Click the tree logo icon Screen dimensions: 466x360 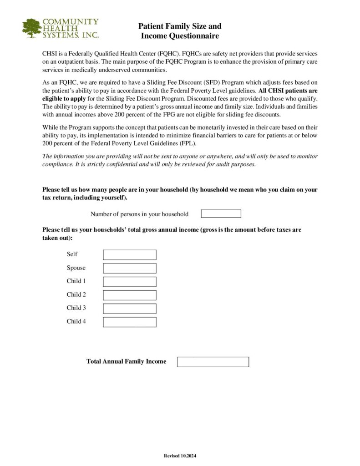[31, 28]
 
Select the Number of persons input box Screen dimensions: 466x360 [221, 214]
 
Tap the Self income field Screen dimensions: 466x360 [129, 255]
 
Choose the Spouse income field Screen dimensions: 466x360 [129, 268]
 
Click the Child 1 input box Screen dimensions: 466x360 [129, 282]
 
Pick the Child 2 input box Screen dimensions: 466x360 [129, 295]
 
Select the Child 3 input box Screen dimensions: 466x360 [129, 309]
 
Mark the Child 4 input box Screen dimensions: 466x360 [129, 322]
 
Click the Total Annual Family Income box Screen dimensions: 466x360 [213, 362]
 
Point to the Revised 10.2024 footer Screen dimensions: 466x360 [180, 456]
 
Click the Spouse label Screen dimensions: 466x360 [76, 268]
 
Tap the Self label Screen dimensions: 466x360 [72, 254]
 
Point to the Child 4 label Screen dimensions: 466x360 [76, 321]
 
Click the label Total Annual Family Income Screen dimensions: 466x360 [126, 362]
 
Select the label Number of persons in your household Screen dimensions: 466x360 [139, 214]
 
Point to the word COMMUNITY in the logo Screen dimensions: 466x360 [71, 21]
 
